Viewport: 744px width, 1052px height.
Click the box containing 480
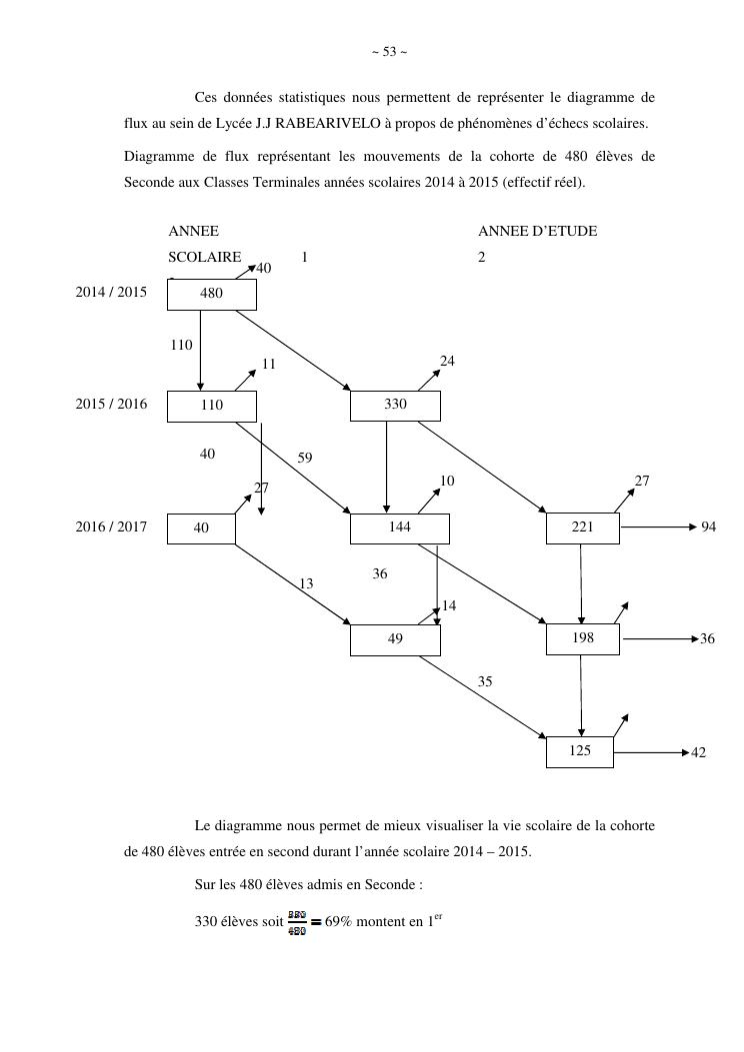point(211,294)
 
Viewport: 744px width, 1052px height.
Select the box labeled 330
point(395,406)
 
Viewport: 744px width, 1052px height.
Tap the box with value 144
point(399,527)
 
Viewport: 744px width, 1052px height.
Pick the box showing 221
point(582,527)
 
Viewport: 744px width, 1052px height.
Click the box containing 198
point(582,638)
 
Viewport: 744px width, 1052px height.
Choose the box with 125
point(580,751)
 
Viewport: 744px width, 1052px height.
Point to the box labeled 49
point(395,638)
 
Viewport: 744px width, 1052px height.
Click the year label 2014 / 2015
point(111,293)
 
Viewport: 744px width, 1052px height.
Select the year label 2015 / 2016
point(111,405)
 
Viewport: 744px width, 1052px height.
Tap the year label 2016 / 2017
point(111,526)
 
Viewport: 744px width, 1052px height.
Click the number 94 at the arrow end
point(708,526)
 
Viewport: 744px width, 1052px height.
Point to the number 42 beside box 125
point(698,752)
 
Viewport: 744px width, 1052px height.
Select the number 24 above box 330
point(447,362)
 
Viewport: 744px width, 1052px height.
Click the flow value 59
point(305,458)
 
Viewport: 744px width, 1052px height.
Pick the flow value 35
point(485,681)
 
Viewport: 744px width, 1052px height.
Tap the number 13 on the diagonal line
point(306,583)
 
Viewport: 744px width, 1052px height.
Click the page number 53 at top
point(389,52)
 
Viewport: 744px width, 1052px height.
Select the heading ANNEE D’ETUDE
point(537,231)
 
